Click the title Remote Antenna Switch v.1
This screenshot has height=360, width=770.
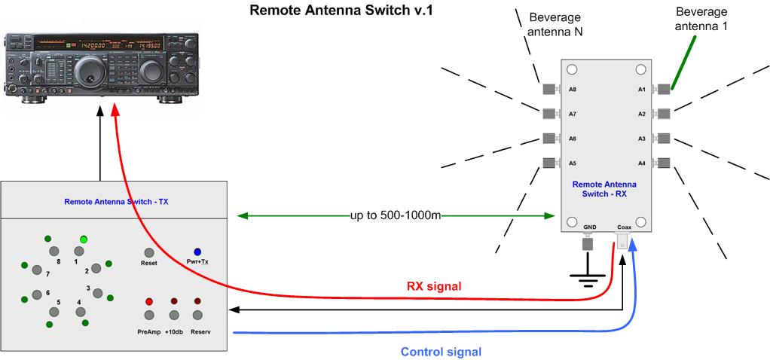[341, 11]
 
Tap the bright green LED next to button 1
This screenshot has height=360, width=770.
[84, 239]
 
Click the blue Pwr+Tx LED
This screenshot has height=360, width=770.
[197, 252]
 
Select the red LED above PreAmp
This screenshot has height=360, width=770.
[149, 301]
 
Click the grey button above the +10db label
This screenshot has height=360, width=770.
[174, 315]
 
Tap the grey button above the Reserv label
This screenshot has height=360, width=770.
[197, 315]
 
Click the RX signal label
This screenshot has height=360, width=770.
[434, 286]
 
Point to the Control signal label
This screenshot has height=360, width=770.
[441, 352]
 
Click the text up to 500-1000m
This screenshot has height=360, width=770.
[396, 215]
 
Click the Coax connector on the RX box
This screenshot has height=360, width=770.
[623, 241]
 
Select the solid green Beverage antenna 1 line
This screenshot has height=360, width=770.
[683, 62]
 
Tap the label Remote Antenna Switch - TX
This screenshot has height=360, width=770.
[116, 201]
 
